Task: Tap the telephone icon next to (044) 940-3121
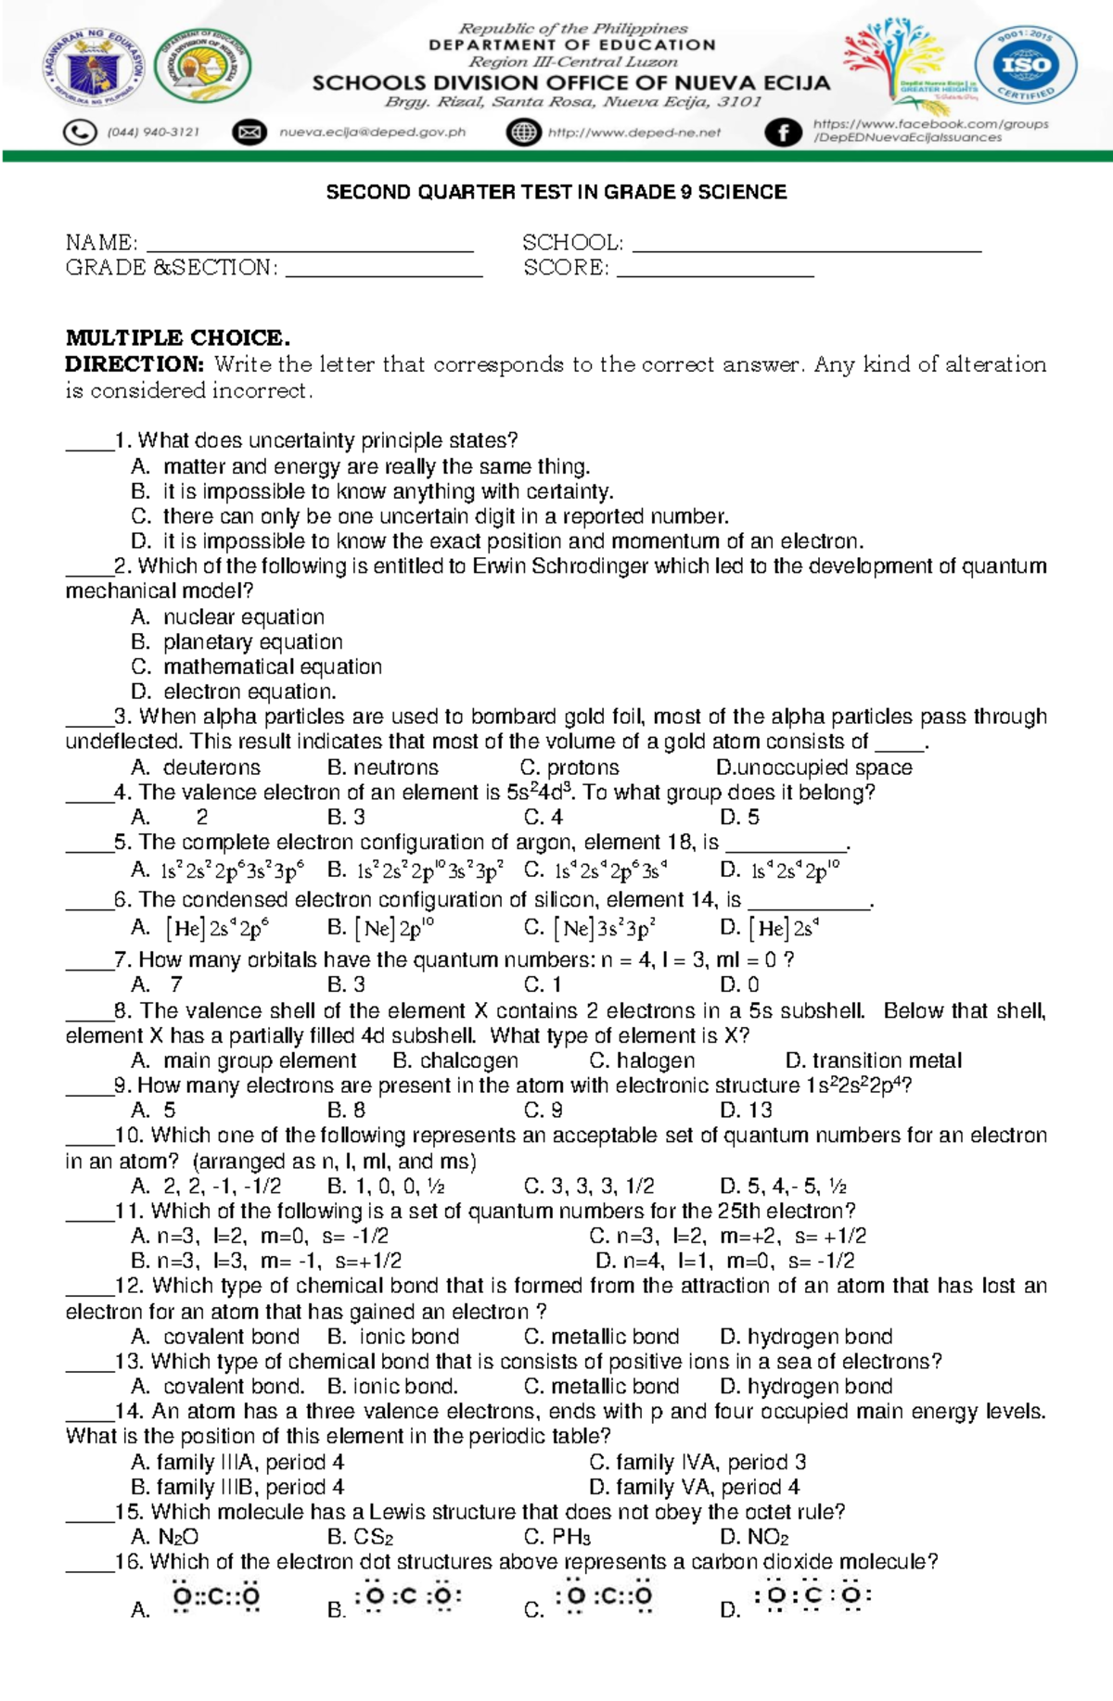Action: (x=81, y=133)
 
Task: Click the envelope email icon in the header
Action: (x=249, y=133)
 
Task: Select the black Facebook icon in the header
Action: (x=783, y=133)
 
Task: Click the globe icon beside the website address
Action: (x=524, y=133)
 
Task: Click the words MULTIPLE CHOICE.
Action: (x=177, y=337)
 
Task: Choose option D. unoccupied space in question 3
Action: (x=814, y=768)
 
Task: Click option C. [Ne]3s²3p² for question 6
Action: (x=592, y=928)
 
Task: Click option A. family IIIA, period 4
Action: (x=238, y=1462)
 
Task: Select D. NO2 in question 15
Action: (x=755, y=1537)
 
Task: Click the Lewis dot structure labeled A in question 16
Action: (x=216, y=1597)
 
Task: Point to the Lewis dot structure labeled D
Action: (x=812, y=1596)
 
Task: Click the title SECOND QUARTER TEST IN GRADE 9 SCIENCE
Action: (x=556, y=192)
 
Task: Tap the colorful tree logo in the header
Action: (x=898, y=60)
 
